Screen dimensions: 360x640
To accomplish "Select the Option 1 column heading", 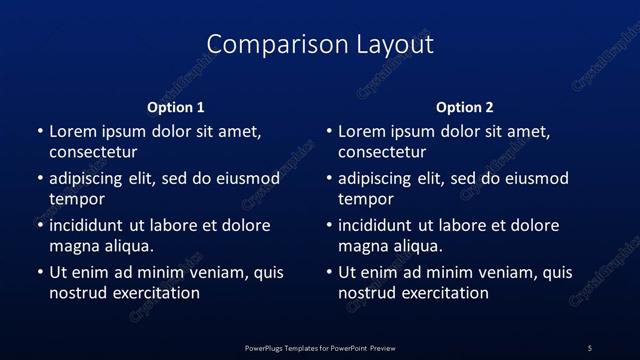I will point(176,107).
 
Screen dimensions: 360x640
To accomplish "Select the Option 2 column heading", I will point(465,107).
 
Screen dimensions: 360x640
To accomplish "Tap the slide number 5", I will point(589,348).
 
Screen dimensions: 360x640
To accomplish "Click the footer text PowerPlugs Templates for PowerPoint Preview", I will point(320,348).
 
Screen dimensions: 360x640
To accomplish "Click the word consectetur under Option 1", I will point(93,153).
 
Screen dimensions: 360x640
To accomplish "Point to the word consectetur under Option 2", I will point(383,153).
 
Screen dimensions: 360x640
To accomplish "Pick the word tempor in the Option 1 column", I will point(77,200).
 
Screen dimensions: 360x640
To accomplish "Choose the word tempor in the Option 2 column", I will point(367,200).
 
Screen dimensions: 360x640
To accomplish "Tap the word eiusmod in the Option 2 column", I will point(535,179).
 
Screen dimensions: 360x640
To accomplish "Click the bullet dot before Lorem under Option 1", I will point(40,132).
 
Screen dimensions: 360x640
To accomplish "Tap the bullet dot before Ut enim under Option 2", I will point(330,272).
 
